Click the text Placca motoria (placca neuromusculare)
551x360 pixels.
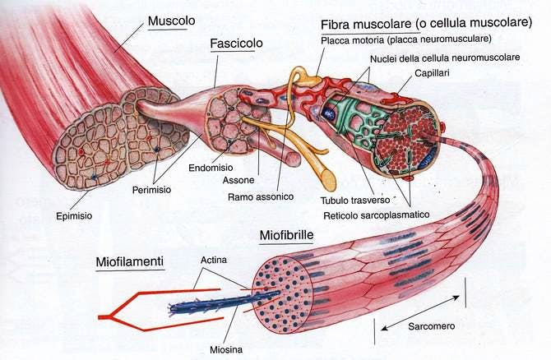[x=409, y=39]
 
